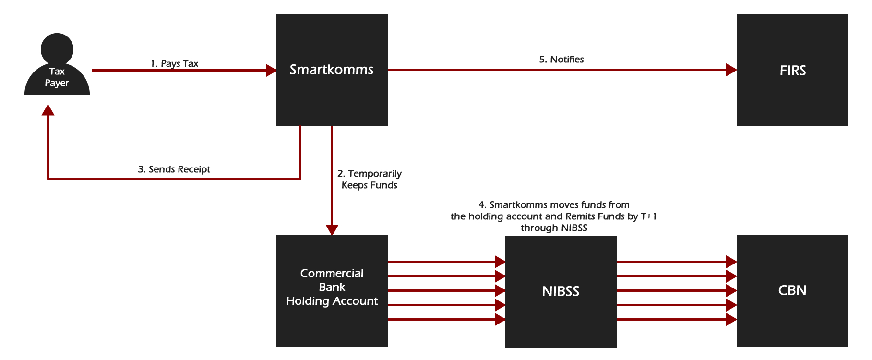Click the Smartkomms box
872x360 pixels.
point(332,70)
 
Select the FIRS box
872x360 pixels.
point(792,70)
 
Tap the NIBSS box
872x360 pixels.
point(561,291)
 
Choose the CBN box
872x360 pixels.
point(792,290)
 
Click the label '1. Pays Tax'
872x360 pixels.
point(174,63)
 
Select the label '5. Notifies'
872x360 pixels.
point(561,59)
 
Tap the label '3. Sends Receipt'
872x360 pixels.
point(174,169)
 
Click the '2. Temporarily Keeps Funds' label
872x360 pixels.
point(370,179)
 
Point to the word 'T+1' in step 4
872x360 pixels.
point(648,216)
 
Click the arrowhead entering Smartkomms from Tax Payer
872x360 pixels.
point(271,71)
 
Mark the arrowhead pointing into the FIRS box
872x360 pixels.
point(731,70)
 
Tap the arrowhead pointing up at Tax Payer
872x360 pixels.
point(48,110)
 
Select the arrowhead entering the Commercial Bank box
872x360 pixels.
point(332,229)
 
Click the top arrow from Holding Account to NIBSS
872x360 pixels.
point(446,262)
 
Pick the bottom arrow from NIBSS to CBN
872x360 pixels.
point(677,319)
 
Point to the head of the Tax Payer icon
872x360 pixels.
point(57,48)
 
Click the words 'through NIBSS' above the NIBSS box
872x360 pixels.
point(554,228)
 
